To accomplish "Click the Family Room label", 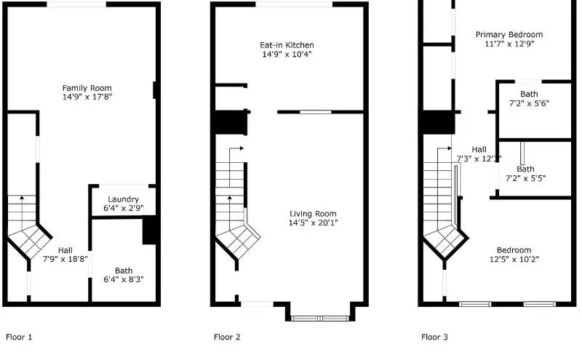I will pyautogui.click(x=86, y=87).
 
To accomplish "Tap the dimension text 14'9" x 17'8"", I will pyautogui.click(x=86, y=96).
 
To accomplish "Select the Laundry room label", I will pyautogui.click(x=123, y=199).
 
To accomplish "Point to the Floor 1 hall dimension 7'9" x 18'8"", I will pyautogui.click(x=65, y=258).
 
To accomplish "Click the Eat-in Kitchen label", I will pyautogui.click(x=288, y=45).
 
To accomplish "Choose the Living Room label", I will pyautogui.click(x=313, y=214).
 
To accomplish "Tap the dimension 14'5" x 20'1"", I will pyautogui.click(x=313, y=223).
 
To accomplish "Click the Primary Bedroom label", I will pyautogui.click(x=509, y=34).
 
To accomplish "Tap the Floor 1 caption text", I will pyautogui.click(x=19, y=337).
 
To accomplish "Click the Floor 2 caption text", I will pyautogui.click(x=227, y=337).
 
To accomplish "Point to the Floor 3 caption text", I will pyautogui.click(x=435, y=337).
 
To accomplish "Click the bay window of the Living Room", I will pyautogui.click(x=319, y=318).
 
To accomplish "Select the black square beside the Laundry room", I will pyautogui.click(x=150, y=231).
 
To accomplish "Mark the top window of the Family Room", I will pyautogui.click(x=76, y=5).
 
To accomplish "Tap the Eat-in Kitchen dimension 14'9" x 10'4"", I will pyautogui.click(x=288, y=55).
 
